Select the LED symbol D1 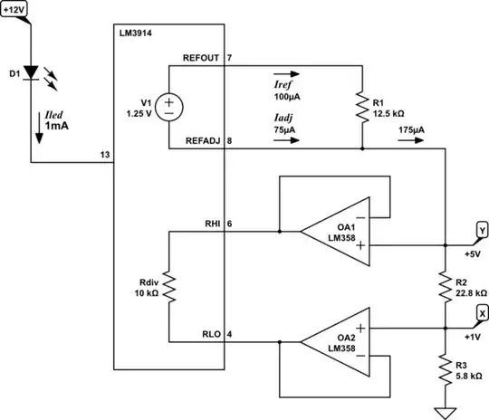pos(32,71)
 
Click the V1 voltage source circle pos(169,107)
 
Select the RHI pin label pos(212,223)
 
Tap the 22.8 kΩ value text pos(471,293)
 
